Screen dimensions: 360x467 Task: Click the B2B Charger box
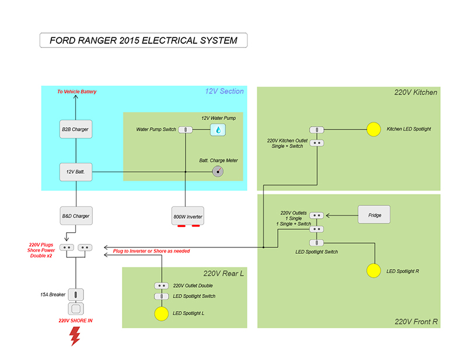point(76,129)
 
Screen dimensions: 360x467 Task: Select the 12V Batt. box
point(76,172)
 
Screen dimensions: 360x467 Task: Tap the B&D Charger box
point(76,216)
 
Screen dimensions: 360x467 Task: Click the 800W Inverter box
point(187,216)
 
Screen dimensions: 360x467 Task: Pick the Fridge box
point(374,215)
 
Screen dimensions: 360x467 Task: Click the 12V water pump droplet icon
point(218,129)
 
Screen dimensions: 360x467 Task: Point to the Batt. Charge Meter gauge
point(218,172)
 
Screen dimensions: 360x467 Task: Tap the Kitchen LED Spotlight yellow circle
point(374,129)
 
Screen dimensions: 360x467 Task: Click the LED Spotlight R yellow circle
point(374,271)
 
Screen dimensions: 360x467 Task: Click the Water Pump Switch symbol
point(186,129)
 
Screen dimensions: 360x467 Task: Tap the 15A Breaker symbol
point(76,295)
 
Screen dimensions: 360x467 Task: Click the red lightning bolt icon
point(75,336)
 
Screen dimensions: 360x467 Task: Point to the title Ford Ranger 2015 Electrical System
point(144,41)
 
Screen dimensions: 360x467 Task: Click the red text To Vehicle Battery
point(76,92)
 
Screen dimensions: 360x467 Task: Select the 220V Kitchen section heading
point(416,92)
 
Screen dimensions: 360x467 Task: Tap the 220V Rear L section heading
point(224,272)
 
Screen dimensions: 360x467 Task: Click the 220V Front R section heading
point(416,321)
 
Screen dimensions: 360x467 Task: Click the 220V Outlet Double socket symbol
point(161,286)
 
